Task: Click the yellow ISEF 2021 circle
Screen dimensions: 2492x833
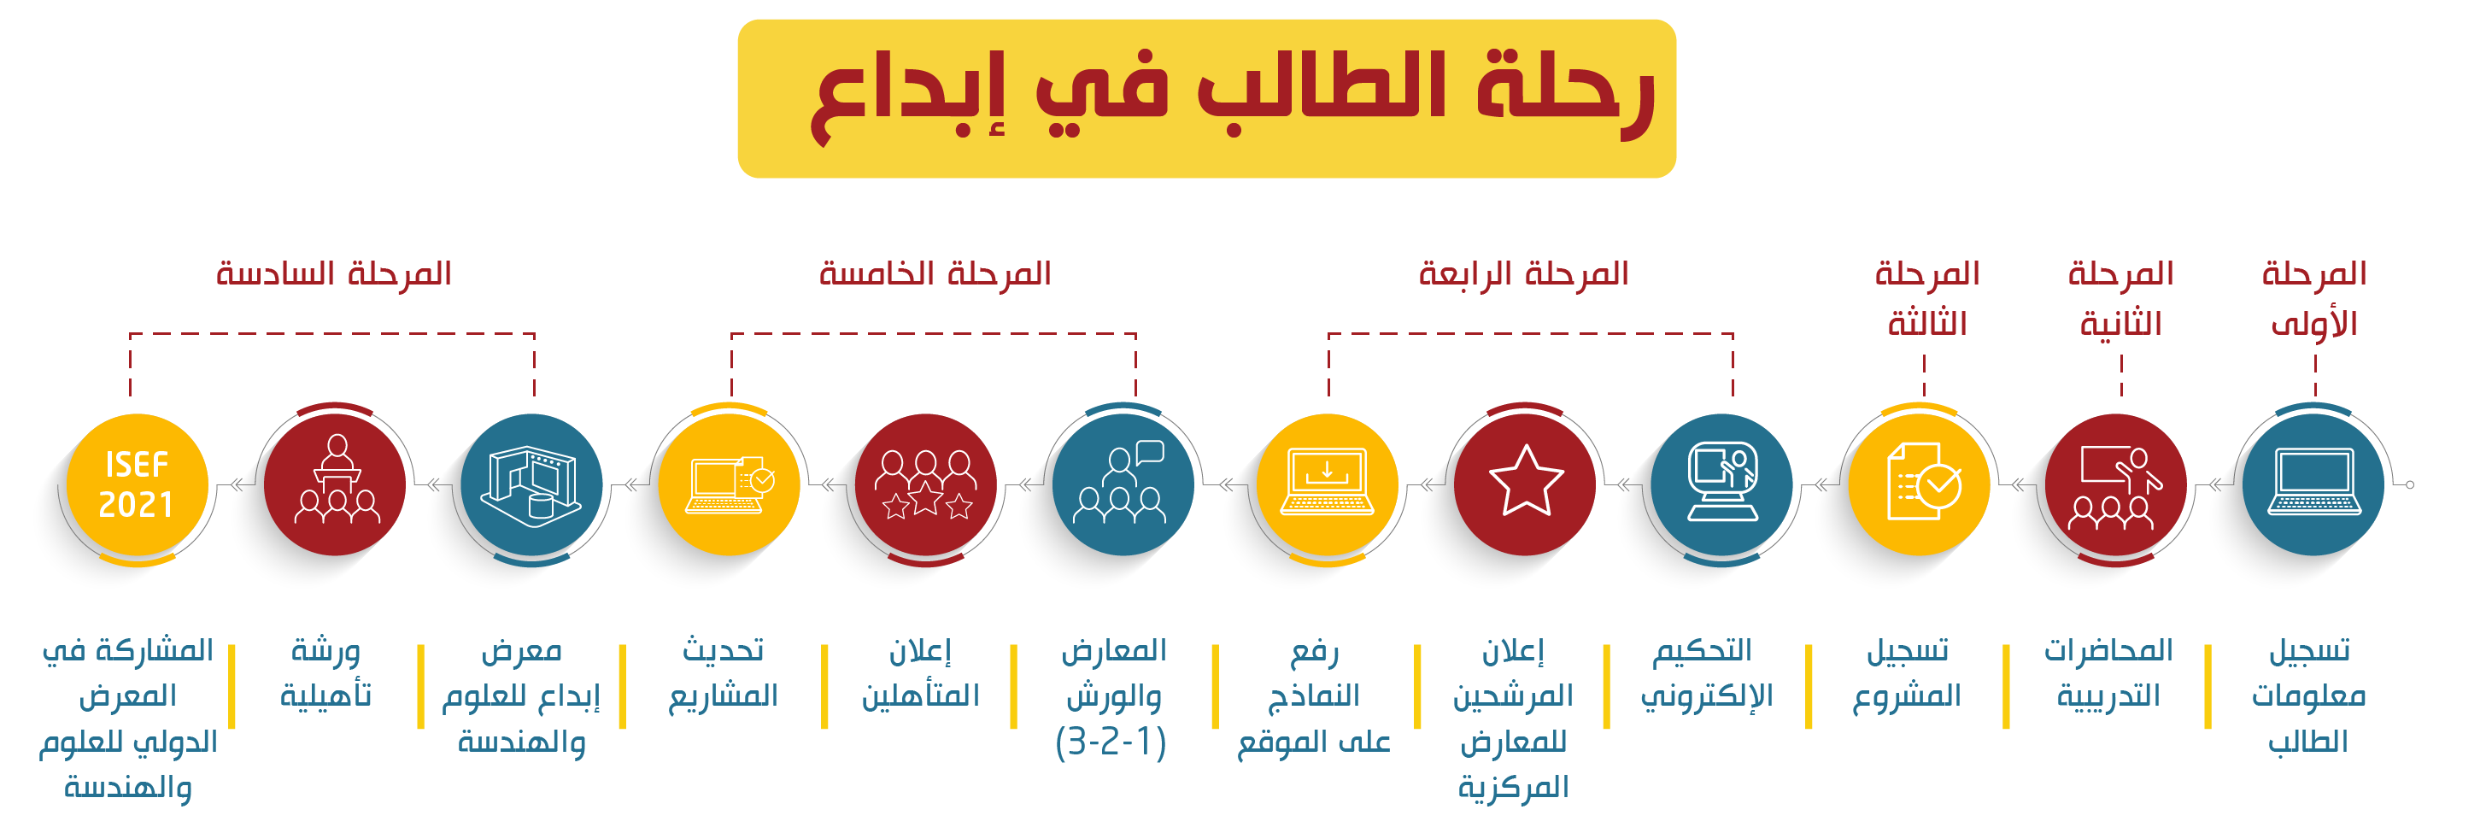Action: point(138,484)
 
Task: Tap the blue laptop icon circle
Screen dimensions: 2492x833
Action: point(2313,484)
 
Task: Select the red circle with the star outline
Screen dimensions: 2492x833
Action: point(1525,484)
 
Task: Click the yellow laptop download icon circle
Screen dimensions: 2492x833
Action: point(1328,484)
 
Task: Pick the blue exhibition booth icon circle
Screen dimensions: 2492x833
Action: point(531,484)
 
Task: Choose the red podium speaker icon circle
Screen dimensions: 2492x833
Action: point(335,484)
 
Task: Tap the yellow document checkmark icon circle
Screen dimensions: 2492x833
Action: point(1920,484)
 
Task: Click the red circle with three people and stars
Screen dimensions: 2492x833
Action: point(926,484)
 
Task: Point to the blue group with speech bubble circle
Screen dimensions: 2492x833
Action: point(1123,484)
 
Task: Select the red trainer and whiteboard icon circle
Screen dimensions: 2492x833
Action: point(2116,484)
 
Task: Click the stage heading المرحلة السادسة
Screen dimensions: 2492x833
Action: point(334,273)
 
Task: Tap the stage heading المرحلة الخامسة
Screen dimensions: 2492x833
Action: point(935,273)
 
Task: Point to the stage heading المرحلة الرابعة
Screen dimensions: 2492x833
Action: point(1523,273)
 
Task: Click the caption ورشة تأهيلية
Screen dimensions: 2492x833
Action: point(326,673)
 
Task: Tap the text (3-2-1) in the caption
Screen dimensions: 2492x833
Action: point(1111,742)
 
